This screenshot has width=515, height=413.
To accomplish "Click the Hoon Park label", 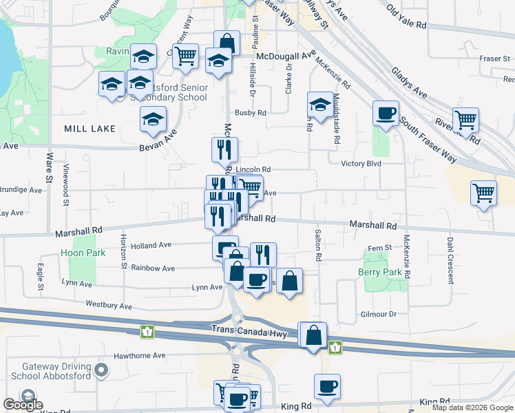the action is (x=82, y=253).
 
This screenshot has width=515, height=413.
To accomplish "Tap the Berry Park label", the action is (x=379, y=273).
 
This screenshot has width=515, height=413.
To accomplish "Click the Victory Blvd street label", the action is (x=361, y=164).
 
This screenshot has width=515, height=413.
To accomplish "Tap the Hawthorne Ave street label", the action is (x=141, y=356).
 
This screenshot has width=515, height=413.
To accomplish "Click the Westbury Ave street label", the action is (x=108, y=304).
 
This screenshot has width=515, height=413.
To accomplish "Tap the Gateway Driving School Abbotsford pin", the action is (x=102, y=372).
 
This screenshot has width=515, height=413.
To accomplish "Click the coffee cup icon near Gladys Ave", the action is (x=386, y=113).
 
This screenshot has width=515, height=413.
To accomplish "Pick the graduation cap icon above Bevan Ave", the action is (x=153, y=119).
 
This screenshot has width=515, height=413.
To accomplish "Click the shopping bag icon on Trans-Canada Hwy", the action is (x=313, y=337).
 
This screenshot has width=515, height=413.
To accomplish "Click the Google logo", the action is (x=23, y=405).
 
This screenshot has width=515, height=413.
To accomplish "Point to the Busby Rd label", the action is (x=250, y=112).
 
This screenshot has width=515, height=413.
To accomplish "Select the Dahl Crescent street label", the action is (x=450, y=260).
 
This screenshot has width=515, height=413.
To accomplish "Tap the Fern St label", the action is (x=379, y=247).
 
